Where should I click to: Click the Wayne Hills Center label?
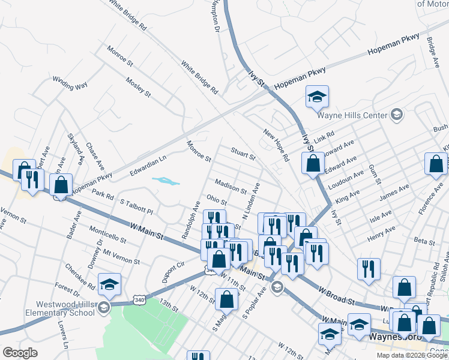tap(352, 115)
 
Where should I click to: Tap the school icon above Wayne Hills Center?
tap(317, 97)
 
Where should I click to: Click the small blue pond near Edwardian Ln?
tap(166, 180)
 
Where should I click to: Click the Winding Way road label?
tap(70, 83)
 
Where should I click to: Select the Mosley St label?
tap(138, 86)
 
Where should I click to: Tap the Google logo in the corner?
tap(20, 353)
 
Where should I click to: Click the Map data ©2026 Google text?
tap(412, 355)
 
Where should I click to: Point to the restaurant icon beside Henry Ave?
tap(369, 269)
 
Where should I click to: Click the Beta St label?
tap(424, 241)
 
